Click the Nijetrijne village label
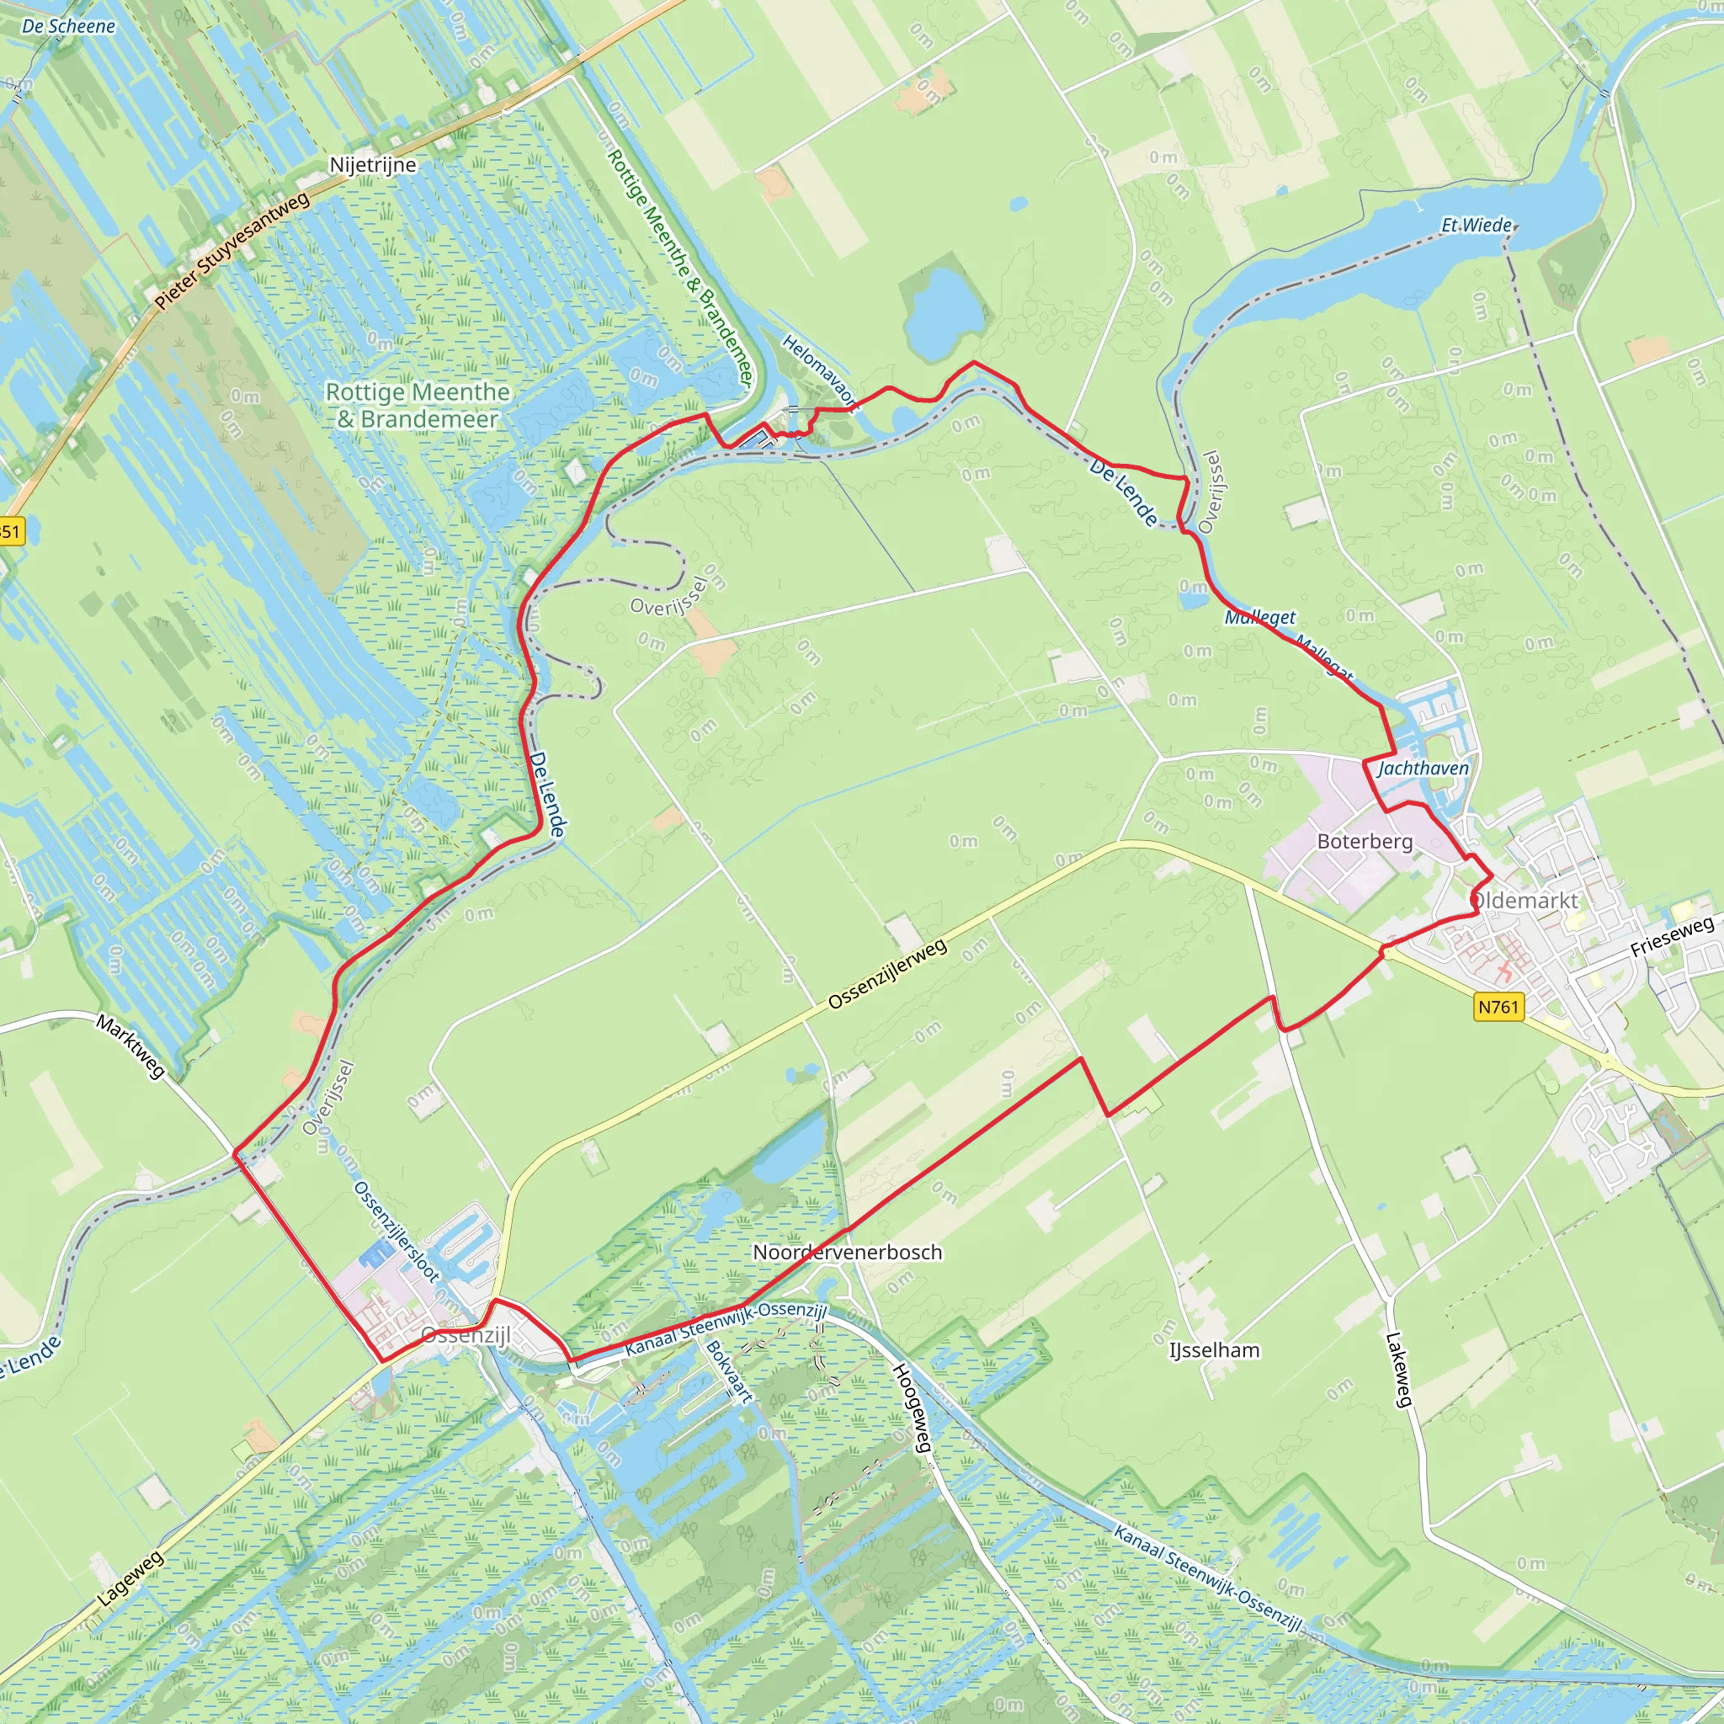click(372, 165)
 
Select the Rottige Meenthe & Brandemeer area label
click(417, 405)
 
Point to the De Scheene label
click(69, 26)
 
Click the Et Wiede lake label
click(1477, 225)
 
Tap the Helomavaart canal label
click(819, 372)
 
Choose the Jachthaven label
click(1423, 769)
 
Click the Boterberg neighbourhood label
click(1365, 842)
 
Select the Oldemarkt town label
click(1525, 901)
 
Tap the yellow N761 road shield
click(1498, 1007)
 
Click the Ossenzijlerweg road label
click(887, 975)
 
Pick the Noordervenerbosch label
click(847, 1252)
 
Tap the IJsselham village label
click(1215, 1350)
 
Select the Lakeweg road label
click(1398, 1370)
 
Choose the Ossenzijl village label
click(466, 1335)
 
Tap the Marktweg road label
click(131, 1046)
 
